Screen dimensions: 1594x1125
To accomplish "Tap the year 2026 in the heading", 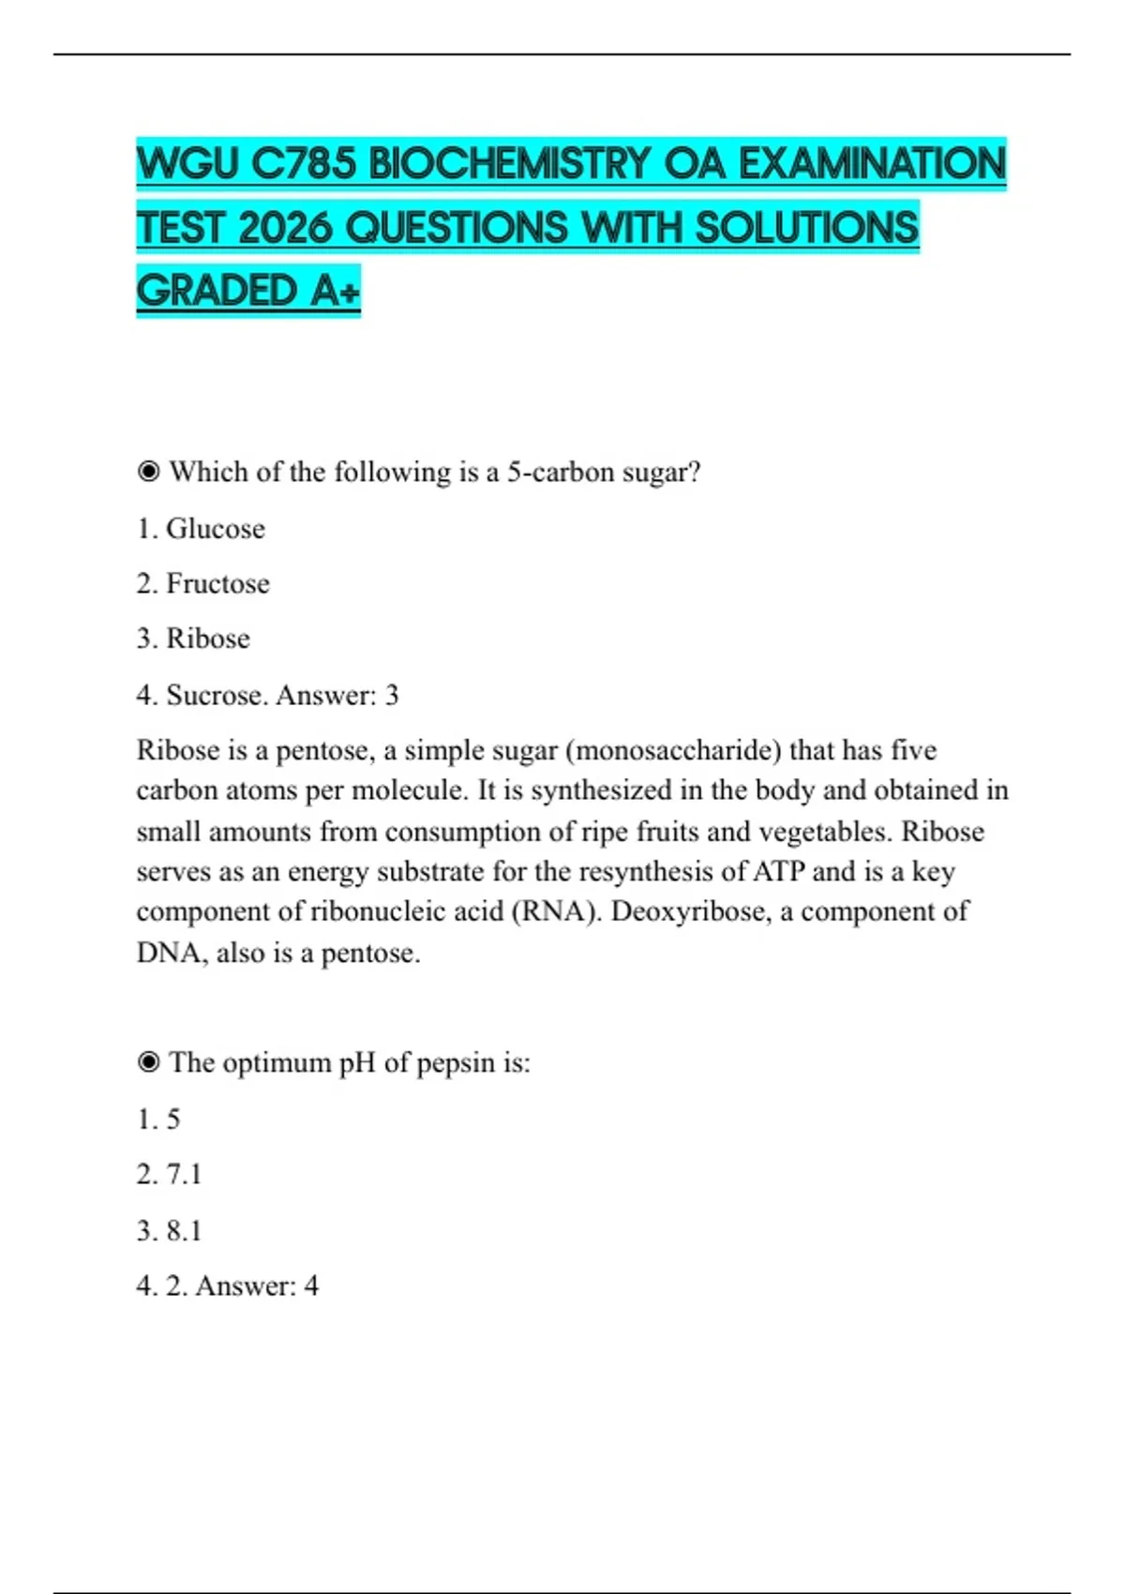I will pos(285,228).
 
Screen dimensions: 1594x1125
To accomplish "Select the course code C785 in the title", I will pos(304,164).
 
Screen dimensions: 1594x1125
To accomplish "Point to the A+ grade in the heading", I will pos(335,291).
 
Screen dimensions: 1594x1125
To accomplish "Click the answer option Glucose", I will pos(215,529).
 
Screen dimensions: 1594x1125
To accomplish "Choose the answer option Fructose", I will pos(217,584).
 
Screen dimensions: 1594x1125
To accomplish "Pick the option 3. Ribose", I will pos(193,639).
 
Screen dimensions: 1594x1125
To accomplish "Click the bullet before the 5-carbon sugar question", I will pos(148,471).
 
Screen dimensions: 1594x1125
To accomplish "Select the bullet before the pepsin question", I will pos(148,1062).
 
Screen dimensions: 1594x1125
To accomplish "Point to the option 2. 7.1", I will pos(169,1174).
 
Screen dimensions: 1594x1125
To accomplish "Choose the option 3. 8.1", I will pos(169,1230).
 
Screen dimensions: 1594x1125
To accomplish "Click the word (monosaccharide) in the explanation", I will pos(673,750).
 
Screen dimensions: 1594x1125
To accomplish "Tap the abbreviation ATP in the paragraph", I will pos(778,872).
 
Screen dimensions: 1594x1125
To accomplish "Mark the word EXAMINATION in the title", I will pos(872,164).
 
